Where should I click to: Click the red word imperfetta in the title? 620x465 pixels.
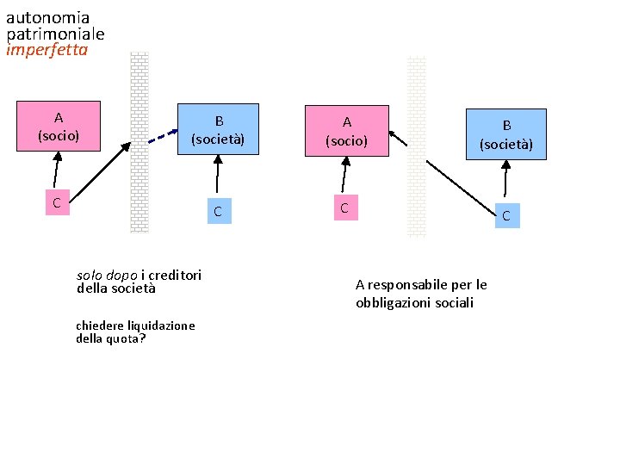[x=46, y=50]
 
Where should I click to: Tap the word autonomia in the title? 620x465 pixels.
[x=47, y=17]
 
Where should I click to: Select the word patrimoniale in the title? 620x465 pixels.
[x=55, y=34]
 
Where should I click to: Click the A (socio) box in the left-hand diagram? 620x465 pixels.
[x=58, y=126]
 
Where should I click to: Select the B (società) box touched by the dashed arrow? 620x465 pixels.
[x=218, y=129]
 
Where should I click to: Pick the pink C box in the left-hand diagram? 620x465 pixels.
[x=56, y=203]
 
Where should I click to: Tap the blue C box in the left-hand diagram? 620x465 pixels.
[x=218, y=211]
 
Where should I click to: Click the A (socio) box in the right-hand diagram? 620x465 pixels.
[x=346, y=131]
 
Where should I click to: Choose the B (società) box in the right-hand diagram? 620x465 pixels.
[x=505, y=133]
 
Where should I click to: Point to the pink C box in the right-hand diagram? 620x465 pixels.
[x=344, y=208]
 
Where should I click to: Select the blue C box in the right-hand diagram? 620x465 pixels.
[x=505, y=216]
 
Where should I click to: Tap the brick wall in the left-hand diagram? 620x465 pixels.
[x=139, y=142]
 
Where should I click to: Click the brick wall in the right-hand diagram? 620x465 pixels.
[x=416, y=146]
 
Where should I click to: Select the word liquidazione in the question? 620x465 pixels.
[x=160, y=325]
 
